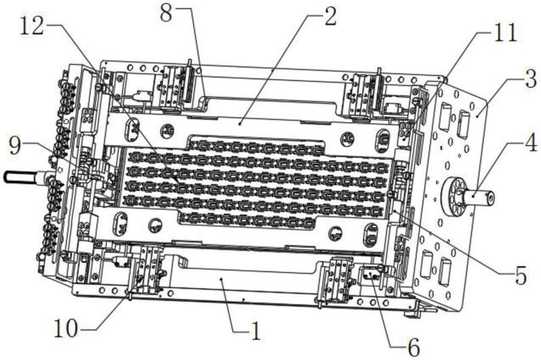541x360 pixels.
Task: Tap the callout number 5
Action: (x=519, y=274)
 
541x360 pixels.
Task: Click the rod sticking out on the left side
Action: (x=20, y=178)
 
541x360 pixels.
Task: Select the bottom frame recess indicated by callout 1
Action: (x=223, y=277)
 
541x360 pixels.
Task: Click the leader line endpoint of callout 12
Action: (x=177, y=181)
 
